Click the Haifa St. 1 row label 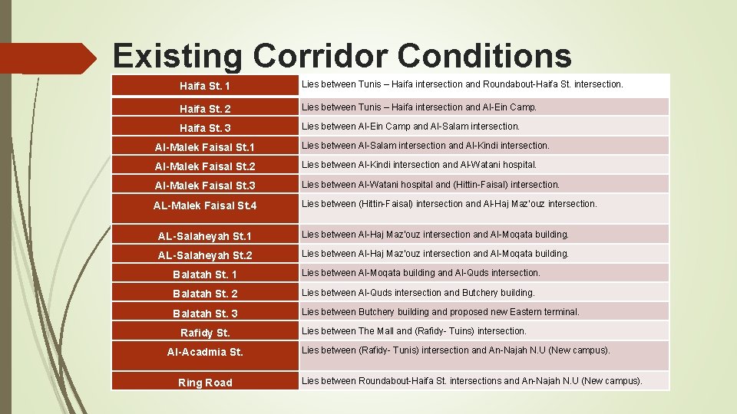[205, 86]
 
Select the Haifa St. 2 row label [205, 109]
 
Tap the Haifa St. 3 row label [205, 128]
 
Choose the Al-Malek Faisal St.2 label [205, 166]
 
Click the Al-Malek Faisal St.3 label [205, 186]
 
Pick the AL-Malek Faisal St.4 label [205, 205]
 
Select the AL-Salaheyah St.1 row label [205, 236]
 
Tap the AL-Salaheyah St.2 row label [205, 255]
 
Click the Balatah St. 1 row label [205, 274]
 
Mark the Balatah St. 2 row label [205, 294]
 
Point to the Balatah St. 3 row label [205, 314]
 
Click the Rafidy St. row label [205, 333]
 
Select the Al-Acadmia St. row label [205, 352]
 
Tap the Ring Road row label [205, 383]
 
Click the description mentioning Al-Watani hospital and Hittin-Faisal [431, 185]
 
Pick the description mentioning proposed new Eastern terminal [441, 312]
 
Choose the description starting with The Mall [414, 331]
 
